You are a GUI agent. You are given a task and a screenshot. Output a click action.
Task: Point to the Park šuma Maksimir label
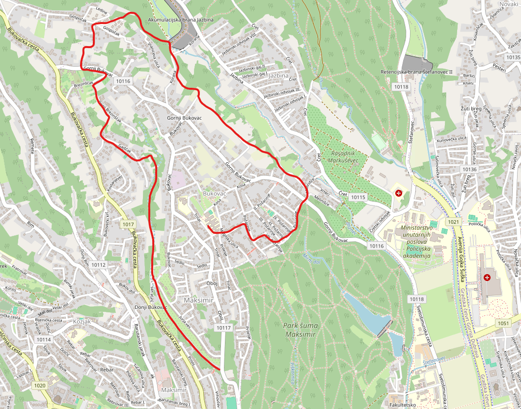coord(300,330)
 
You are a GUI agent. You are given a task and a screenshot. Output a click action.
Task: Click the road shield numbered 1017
coord(128,224)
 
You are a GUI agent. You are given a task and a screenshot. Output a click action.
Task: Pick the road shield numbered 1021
coord(453,222)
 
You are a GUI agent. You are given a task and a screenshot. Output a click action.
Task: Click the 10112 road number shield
coord(98,265)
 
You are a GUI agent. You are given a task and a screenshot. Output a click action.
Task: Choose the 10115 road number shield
coord(359,197)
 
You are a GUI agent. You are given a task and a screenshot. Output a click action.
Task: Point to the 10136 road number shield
coord(469,169)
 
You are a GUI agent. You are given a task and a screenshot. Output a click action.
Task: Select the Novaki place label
coord(509,4)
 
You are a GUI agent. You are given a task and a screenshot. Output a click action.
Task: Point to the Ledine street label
coord(101,10)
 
